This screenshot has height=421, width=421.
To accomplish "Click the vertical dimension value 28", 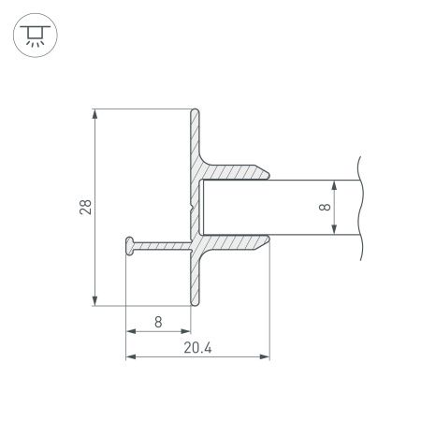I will pos(85,207).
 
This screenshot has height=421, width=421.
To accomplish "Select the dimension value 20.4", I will pos(198,348).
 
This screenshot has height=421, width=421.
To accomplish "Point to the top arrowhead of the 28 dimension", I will pos(95,114).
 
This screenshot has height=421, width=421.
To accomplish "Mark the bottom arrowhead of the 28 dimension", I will pos(95,299).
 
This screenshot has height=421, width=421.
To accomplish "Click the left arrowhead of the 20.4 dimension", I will pos(130,356).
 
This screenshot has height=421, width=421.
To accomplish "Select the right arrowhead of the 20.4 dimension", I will pos(265,356).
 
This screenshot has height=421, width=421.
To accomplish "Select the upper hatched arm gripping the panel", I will pos(234,173).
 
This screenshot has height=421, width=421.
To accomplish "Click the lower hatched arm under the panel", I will pos(234,242).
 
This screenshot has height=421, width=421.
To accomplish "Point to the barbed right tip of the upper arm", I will pos(269,172).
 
